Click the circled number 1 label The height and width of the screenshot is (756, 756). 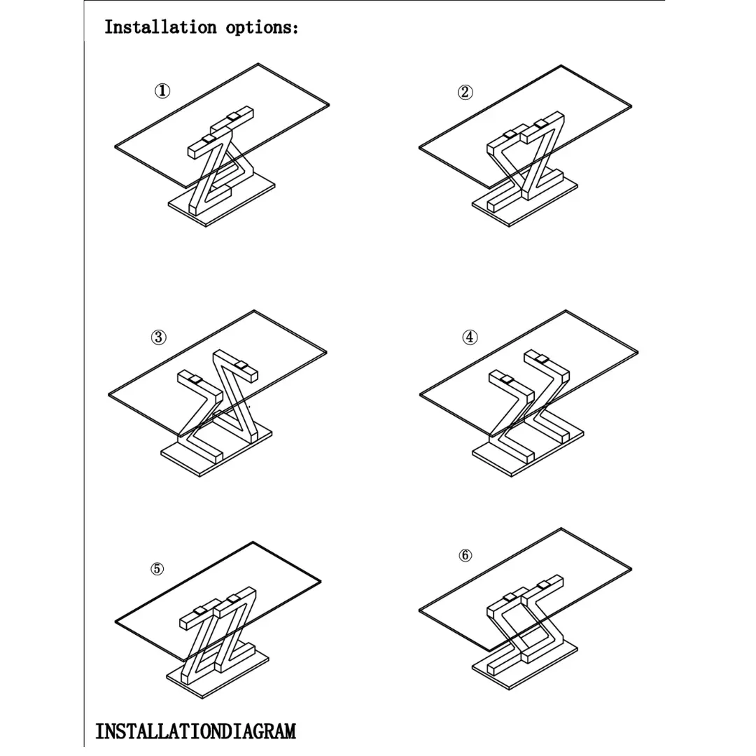point(162,90)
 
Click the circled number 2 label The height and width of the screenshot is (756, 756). point(465,92)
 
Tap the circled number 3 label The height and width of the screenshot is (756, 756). point(159,337)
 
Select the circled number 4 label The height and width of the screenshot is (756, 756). point(470,337)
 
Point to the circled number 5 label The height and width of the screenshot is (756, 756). point(157,569)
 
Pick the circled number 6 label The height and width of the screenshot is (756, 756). point(465,555)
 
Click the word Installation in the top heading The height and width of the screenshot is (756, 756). point(160,27)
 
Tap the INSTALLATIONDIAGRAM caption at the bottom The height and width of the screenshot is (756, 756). point(195,731)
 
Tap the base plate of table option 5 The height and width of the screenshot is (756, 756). point(218,675)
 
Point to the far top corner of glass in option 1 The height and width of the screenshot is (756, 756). point(258,64)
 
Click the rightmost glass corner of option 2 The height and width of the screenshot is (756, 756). point(631,106)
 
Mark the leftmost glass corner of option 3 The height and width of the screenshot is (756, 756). point(109,395)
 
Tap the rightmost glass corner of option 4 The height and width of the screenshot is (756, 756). point(638,352)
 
